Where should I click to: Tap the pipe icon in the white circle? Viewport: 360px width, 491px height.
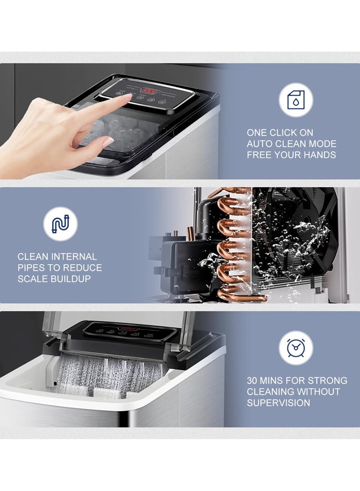pos(60,224)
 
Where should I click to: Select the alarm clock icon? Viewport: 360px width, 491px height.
pos(296,348)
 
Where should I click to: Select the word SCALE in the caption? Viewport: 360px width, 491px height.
pos(32,279)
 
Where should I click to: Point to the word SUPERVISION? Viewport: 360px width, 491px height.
pos(279,403)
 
